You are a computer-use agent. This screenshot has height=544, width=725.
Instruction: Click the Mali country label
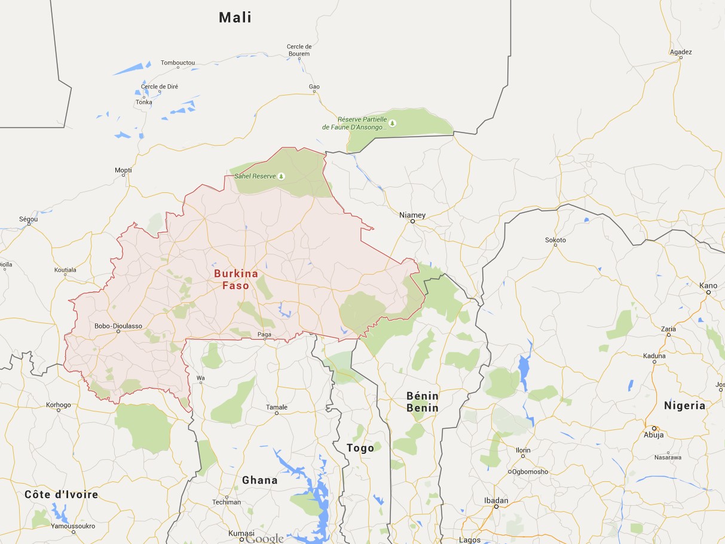coord(235,17)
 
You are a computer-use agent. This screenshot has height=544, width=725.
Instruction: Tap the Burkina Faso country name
coord(231,279)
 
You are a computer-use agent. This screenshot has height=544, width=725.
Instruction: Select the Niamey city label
coord(412,215)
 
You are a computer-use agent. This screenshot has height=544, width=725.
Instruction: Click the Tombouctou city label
coord(178,63)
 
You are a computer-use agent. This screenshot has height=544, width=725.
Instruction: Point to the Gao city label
coord(314,87)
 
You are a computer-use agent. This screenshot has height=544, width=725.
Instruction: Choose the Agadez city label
coord(681,52)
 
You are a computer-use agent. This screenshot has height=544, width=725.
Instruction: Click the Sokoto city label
coord(555,240)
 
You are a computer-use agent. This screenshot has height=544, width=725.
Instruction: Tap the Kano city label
coord(708,285)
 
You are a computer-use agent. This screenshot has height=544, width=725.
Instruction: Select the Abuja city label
coord(653,435)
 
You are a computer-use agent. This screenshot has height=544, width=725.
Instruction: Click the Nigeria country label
coord(684,405)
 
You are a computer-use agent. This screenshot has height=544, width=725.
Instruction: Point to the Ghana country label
coord(259,480)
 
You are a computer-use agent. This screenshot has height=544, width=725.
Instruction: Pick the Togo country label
coord(360,448)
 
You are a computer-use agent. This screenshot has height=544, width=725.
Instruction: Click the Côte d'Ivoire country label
coord(61,494)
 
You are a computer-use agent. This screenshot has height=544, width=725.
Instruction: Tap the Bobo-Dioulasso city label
coord(118,326)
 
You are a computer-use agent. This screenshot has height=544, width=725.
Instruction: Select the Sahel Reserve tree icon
coord(282,176)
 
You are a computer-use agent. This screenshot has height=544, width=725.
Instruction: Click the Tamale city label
coord(277,407)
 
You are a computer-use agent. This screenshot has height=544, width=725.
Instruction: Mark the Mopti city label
coord(123,171)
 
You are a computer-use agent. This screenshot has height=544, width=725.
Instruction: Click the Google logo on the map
coord(264,539)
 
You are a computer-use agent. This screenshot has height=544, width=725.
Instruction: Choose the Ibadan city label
coord(496,500)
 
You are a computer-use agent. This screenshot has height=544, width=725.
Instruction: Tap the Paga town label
coord(264,334)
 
